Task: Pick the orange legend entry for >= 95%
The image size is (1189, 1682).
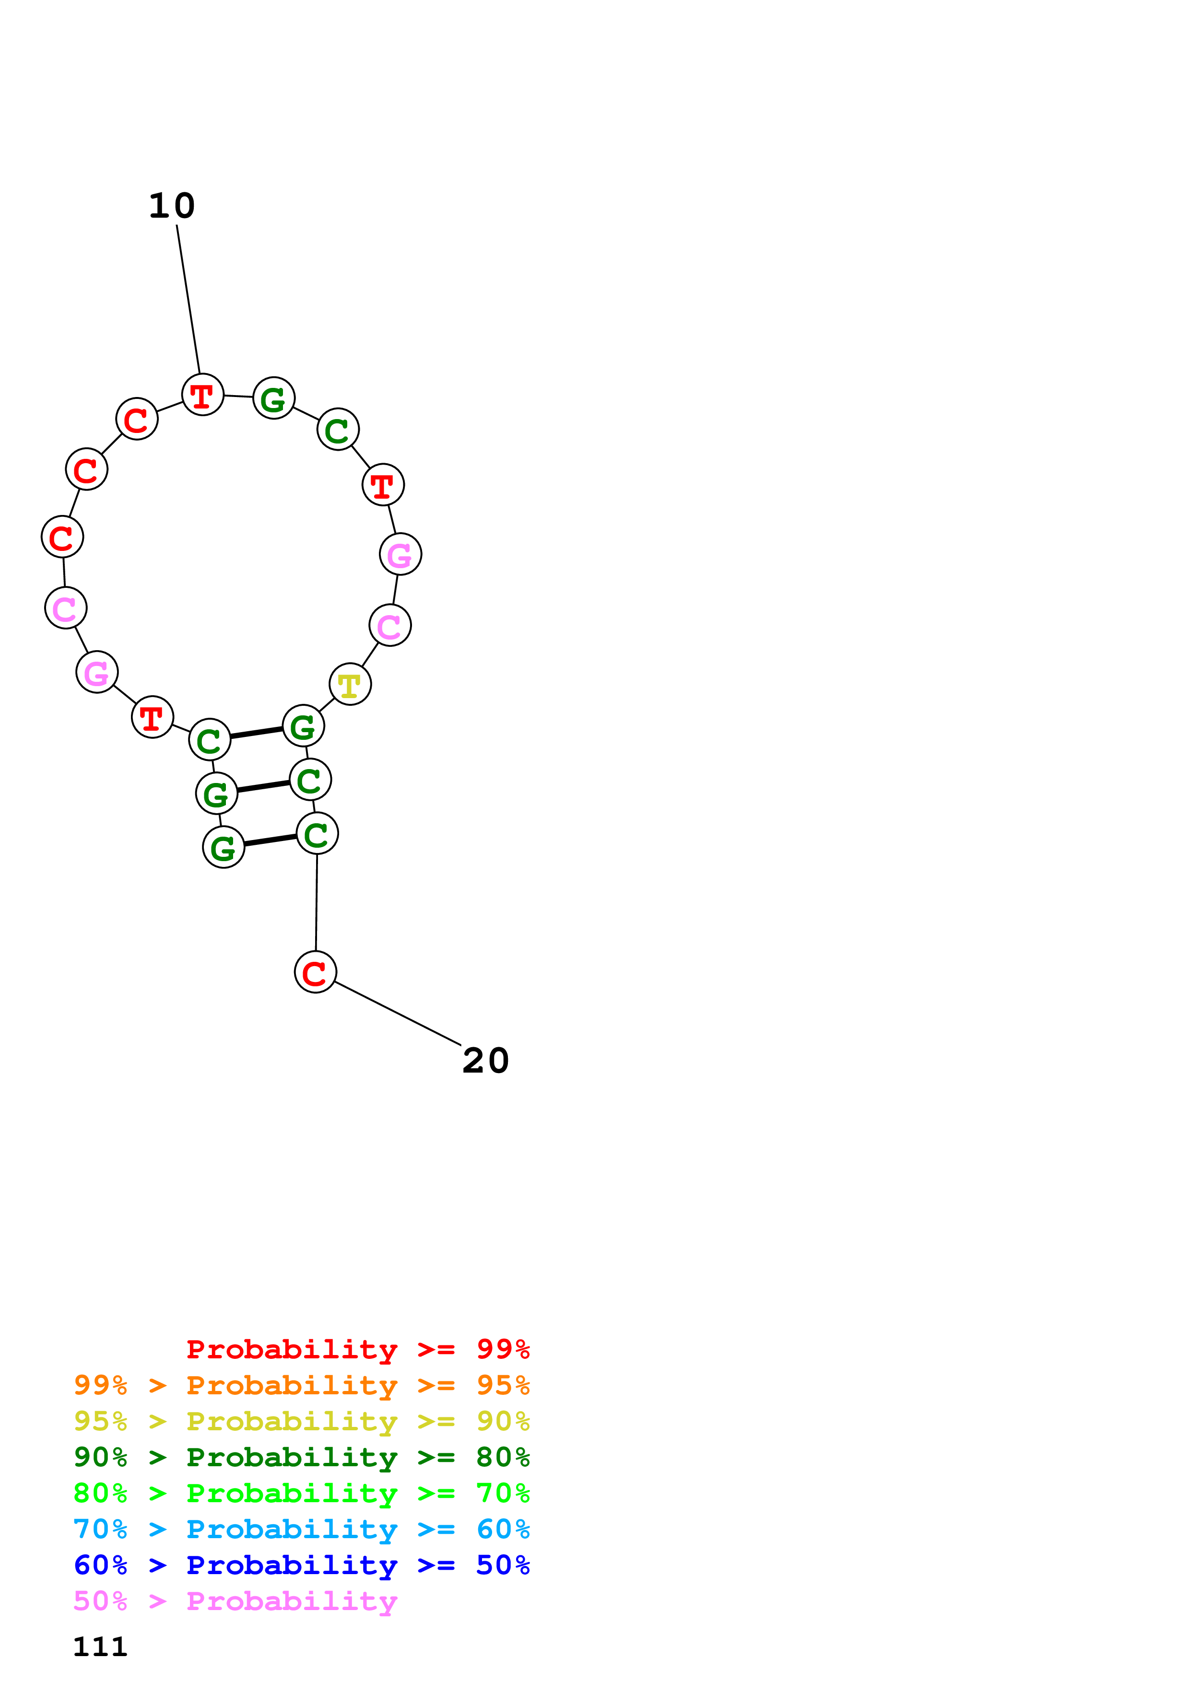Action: [301, 1385]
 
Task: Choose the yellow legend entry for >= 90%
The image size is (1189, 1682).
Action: [301, 1421]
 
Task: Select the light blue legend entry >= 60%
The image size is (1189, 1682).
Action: [301, 1529]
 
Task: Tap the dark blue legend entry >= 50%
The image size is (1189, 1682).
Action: [301, 1565]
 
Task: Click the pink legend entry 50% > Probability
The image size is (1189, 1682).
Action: [235, 1600]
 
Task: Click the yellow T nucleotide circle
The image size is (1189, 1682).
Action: [350, 684]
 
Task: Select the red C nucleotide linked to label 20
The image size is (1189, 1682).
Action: [315, 972]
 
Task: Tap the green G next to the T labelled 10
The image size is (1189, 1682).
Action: [273, 398]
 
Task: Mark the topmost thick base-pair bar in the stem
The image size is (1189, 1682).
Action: [257, 733]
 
